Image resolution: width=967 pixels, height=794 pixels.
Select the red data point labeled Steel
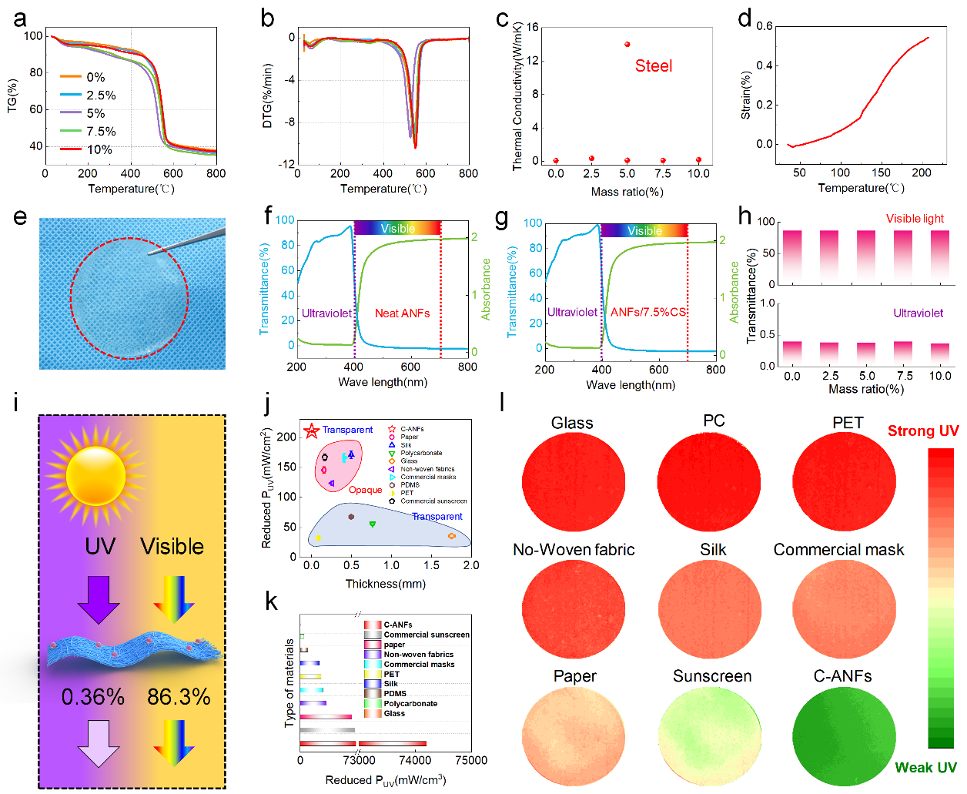click(x=627, y=45)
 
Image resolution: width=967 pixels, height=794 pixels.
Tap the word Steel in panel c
click(x=654, y=66)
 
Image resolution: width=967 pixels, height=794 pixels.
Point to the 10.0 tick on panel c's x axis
click(x=698, y=174)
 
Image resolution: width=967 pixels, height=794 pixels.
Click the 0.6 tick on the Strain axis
click(x=765, y=26)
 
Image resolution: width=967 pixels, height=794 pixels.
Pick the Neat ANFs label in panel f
click(x=402, y=313)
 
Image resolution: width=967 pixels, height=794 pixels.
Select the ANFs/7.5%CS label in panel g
click(x=647, y=312)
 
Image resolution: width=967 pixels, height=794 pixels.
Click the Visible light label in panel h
click(x=915, y=219)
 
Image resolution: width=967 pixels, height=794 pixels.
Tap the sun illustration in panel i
click(x=96, y=474)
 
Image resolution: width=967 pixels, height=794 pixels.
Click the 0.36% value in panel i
click(x=93, y=697)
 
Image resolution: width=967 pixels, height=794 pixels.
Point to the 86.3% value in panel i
click(x=179, y=697)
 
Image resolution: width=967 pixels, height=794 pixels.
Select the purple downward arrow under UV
click(x=99, y=599)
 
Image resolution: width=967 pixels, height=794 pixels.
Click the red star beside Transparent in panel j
click(x=312, y=431)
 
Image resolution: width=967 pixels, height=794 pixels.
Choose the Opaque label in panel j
click(x=365, y=490)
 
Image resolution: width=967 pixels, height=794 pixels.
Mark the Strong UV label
click(x=923, y=431)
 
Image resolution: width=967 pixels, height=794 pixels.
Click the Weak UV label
click(x=925, y=768)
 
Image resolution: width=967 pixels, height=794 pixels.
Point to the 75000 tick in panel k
click(x=471, y=761)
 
